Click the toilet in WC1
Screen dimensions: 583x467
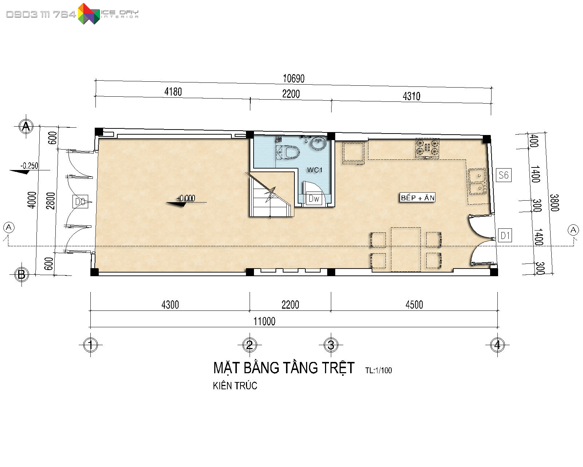coord(288,153)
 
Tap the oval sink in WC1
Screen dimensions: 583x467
coord(318,143)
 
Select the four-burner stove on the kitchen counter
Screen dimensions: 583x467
coord(427,148)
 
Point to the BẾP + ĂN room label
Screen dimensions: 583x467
coord(418,198)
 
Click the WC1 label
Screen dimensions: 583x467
coord(314,170)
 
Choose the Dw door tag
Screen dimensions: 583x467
coord(314,198)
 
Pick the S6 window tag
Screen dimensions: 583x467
coord(504,175)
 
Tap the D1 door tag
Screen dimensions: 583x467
coord(505,235)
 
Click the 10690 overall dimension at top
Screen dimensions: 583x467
coord(294,79)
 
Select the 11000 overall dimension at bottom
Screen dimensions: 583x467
coord(265,321)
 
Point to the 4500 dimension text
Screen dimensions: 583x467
coord(414,305)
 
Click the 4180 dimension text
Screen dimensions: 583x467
coord(173,92)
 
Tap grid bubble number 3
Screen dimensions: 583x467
coord(331,345)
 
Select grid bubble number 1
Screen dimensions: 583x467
coord(90,345)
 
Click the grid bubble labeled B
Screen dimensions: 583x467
coord(21,274)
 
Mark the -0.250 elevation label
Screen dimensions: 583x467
coord(29,166)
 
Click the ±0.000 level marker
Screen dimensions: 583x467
coord(185,198)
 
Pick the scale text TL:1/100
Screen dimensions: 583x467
coord(379,370)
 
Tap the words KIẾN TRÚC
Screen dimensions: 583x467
coord(235,386)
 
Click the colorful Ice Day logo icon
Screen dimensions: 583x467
coord(89,14)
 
